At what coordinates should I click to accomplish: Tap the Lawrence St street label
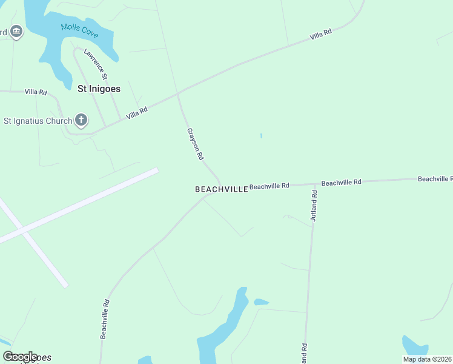pyautogui.click(x=96, y=65)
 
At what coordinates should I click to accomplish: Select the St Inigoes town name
pyautogui.click(x=99, y=89)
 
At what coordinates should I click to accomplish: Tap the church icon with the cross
pyautogui.click(x=81, y=120)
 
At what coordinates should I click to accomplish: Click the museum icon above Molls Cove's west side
pyautogui.click(x=16, y=32)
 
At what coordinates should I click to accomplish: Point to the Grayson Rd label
pyautogui.click(x=195, y=144)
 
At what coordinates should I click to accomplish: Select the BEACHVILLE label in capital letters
pyautogui.click(x=221, y=189)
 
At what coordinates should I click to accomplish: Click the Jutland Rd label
pyautogui.click(x=314, y=206)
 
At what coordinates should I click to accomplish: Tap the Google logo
pyautogui.click(x=20, y=357)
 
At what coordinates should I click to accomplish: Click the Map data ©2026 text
pyautogui.click(x=427, y=359)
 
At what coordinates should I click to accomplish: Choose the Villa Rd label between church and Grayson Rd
pyautogui.click(x=137, y=113)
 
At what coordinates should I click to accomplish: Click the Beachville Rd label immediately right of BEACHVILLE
pyautogui.click(x=269, y=186)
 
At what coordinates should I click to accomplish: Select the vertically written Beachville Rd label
pyautogui.click(x=105, y=319)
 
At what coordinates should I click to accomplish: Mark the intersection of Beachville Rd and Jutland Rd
pyautogui.click(x=316, y=183)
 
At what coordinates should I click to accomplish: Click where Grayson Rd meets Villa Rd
pyautogui.click(x=178, y=94)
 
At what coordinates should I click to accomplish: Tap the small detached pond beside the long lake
pyautogui.click(x=261, y=302)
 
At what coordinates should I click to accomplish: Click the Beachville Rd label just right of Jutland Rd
pyautogui.click(x=341, y=182)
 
